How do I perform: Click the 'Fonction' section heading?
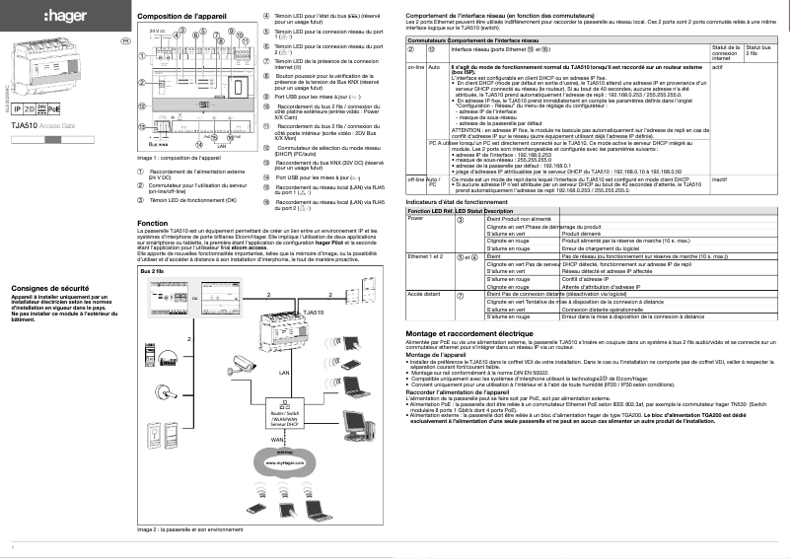[x=153, y=224]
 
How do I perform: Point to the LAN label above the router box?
[x=284, y=374]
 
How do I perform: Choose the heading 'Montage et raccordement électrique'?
[x=475, y=334]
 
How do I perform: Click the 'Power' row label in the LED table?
[x=415, y=218]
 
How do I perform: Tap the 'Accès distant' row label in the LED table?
[x=423, y=294]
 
